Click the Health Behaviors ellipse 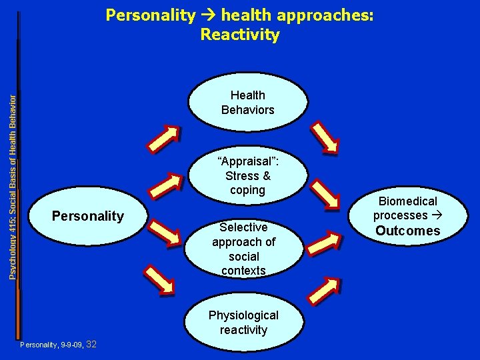[248, 103]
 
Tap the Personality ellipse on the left [87, 216]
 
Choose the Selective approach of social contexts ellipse [243, 248]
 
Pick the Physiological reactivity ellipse [243, 322]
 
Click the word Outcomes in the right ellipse [407, 231]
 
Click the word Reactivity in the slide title [240, 35]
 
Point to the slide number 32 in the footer [93, 344]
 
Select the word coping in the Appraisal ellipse [248, 190]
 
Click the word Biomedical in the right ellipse [407, 201]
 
